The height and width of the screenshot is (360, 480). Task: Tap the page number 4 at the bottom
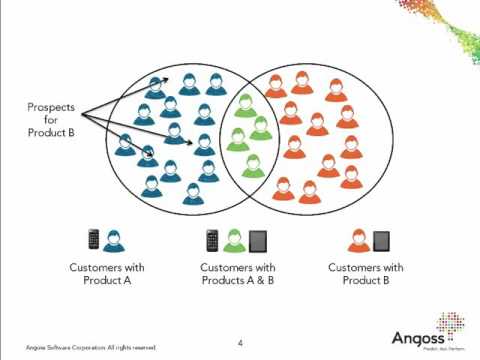pos(240,341)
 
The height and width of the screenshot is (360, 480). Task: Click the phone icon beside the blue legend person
pos(94,240)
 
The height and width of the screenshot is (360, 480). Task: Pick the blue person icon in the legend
pos(112,240)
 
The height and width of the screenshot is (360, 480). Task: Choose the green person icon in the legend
pos(233,240)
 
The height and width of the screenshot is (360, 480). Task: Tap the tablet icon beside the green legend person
pos(257,241)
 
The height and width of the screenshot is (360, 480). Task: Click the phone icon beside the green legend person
pos(212,240)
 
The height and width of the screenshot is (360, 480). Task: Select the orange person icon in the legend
pos(358,240)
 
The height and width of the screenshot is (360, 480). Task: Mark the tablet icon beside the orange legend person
pos(381,241)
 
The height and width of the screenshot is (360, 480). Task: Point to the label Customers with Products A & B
pos(238,274)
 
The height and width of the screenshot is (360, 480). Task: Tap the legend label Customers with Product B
pos(366,274)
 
